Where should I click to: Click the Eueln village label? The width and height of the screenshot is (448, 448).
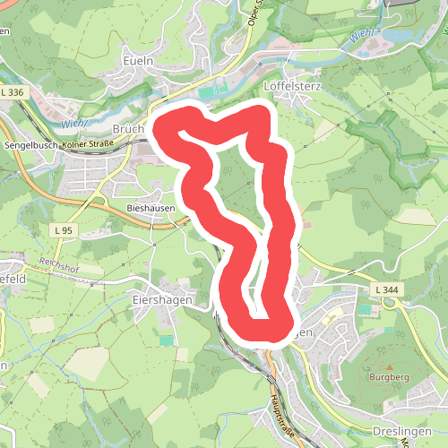(141, 60)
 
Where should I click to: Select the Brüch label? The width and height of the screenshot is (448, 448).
(128, 129)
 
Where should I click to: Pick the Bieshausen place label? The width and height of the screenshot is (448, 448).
(149, 205)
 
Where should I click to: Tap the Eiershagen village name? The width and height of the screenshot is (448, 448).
(162, 300)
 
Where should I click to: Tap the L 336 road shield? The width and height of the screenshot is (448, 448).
(13, 92)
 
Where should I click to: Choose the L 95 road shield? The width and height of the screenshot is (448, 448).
(63, 231)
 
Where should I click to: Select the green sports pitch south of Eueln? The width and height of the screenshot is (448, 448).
(207, 92)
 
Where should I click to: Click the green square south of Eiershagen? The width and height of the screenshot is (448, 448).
(165, 340)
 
